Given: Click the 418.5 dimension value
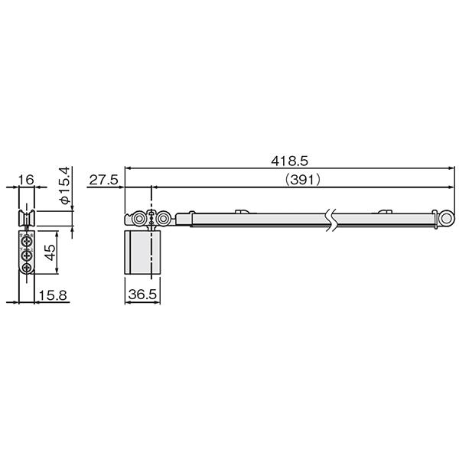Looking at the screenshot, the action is coord(289,161).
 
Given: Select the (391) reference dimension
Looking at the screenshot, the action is coord(303,180).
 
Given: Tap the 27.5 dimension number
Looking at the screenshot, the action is coord(103,180).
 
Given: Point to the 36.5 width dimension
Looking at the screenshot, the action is coord(142,295).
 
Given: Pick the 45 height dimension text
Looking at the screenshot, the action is coord(50,252).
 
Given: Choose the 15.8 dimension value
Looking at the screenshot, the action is coord(53,295).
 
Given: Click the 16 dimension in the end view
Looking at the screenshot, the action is coord(26,180).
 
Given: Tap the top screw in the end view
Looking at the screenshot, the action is coord(27,242).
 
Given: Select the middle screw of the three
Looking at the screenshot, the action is coord(27,256).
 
